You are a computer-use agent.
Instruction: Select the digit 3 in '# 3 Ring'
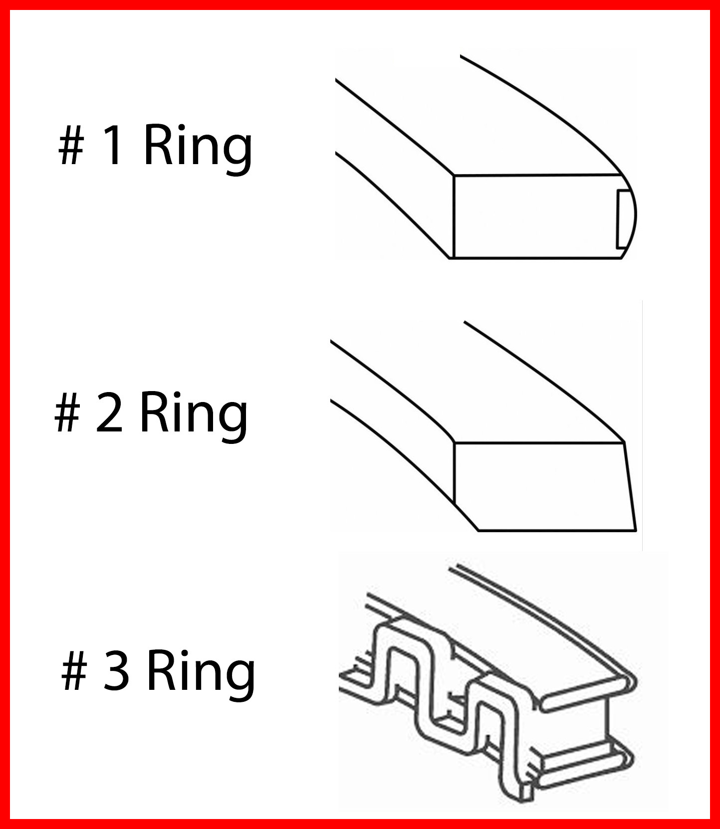[116, 671]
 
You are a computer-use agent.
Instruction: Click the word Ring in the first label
[198, 147]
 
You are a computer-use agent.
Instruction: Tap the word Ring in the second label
[194, 414]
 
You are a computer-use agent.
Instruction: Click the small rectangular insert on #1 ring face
[623, 218]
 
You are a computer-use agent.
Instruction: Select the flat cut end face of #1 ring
[534, 217]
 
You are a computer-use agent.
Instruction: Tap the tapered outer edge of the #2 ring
[630, 486]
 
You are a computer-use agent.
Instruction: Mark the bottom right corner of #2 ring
[636, 530]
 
